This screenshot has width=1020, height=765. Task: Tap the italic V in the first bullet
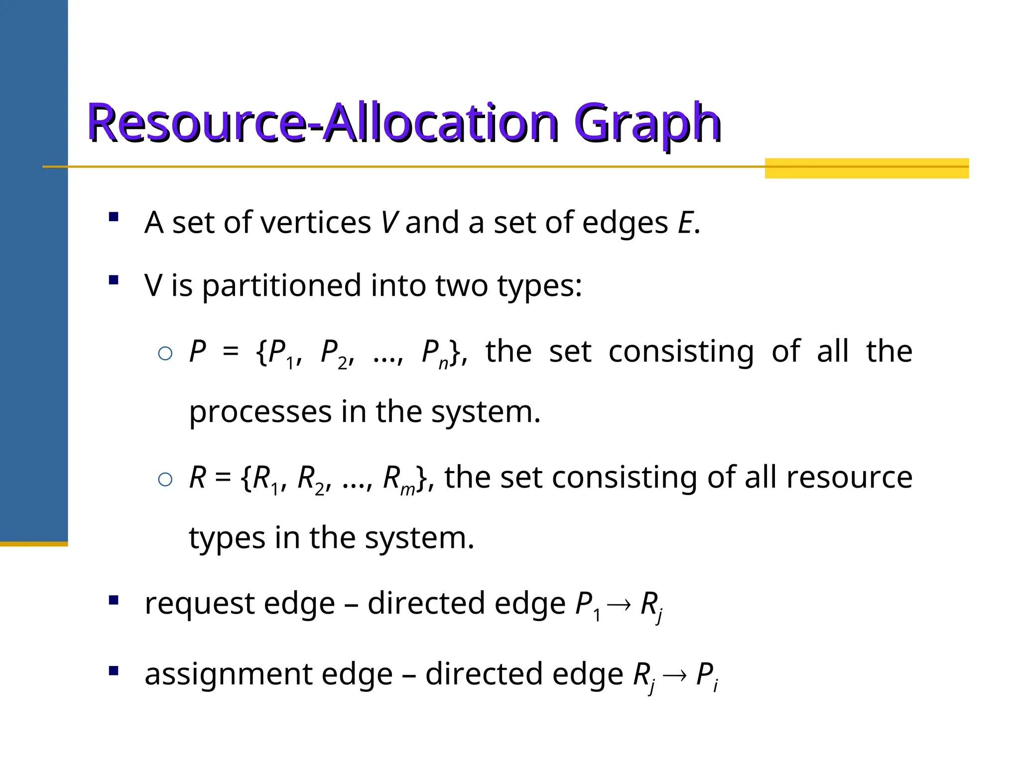pyautogui.click(x=388, y=222)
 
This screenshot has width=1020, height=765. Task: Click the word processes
pyautogui.click(x=260, y=412)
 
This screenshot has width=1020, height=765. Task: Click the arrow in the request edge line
pyautogui.click(x=619, y=605)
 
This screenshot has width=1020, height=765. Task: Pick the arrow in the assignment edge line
pyautogui.click(x=675, y=675)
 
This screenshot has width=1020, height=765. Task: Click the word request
pyautogui.click(x=199, y=604)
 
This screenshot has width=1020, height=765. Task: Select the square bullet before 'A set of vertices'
pyautogui.click(x=114, y=217)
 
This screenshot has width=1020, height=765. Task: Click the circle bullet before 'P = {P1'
pyautogui.click(x=165, y=354)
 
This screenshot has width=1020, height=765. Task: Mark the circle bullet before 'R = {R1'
pyautogui.click(x=165, y=480)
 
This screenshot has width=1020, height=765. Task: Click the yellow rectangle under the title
pyautogui.click(x=867, y=168)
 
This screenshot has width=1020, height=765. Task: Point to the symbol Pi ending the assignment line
pyautogui.click(x=707, y=676)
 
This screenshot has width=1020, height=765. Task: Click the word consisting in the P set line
pyautogui.click(x=681, y=352)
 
